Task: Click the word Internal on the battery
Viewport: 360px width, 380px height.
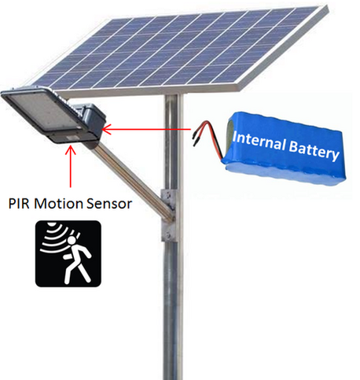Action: (259, 141)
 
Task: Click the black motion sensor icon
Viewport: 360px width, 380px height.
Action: (68, 253)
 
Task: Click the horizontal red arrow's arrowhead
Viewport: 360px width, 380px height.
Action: (107, 129)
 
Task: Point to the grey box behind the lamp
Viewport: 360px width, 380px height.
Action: (90, 120)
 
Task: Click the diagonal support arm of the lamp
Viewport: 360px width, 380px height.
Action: (134, 179)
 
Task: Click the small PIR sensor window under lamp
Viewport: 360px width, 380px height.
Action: (72, 138)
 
